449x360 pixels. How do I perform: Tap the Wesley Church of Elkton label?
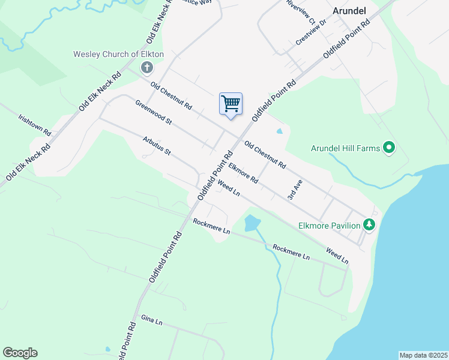click(x=118, y=54)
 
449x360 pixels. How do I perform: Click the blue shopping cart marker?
click(x=231, y=104)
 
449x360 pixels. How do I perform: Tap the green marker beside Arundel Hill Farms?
click(x=389, y=147)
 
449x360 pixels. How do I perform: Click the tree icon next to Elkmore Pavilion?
click(x=369, y=225)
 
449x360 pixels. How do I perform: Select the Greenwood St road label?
click(x=154, y=112)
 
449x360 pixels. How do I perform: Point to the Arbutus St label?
click(x=157, y=145)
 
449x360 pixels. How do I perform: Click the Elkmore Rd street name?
click(x=243, y=175)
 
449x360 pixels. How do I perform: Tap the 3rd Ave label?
click(x=294, y=190)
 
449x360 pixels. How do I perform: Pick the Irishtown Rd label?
click(x=35, y=125)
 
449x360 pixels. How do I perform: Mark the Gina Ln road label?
click(x=151, y=321)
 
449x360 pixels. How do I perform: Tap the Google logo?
click(x=20, y=353)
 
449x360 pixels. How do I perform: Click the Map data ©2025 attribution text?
click(x=423, y=355)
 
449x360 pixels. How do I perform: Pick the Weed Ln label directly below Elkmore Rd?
click(x=229, y=188)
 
